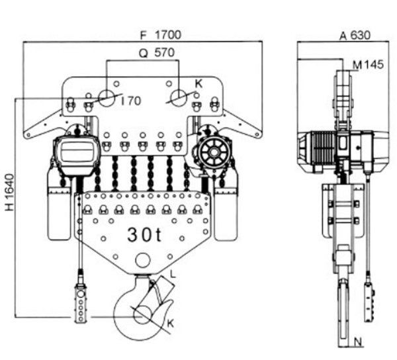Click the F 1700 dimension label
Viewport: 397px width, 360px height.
coord(161,35)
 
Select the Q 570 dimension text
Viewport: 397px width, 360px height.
coord(157,53)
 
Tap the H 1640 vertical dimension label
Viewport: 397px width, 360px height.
coord(9,192)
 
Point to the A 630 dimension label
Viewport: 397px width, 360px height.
coord(355,35)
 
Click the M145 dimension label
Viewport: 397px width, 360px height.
coord(369,65)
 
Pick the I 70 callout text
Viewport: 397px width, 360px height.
coord(131,101)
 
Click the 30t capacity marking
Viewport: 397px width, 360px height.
coord(144,235)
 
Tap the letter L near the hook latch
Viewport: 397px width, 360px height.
coord(173,274)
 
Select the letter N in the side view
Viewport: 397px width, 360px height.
coord(358,342)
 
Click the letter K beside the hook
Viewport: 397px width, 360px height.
coord(171,324)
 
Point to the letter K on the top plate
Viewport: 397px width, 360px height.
coord(198,84)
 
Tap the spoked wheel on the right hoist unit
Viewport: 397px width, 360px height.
coord(214,153)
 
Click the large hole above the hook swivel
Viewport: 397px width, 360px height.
coord(143,261)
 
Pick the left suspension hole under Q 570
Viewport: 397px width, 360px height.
coord(107,98)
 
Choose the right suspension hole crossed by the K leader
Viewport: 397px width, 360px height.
coord(179,98)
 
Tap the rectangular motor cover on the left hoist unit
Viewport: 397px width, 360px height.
coord(76,156)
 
